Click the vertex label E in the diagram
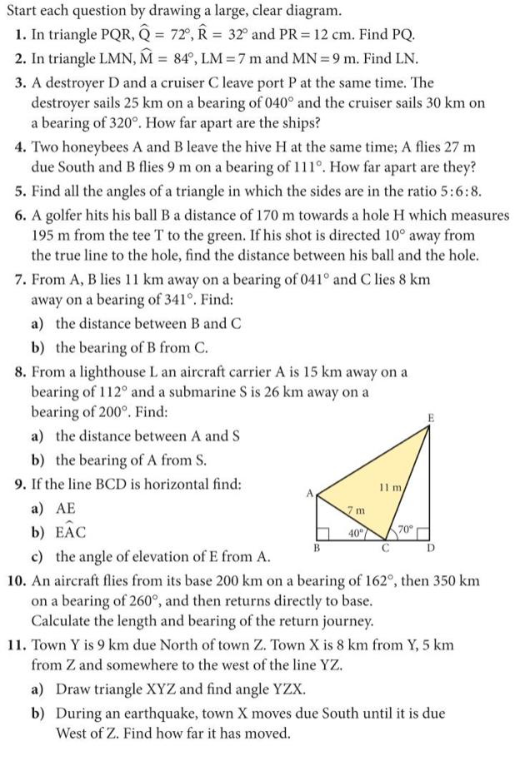click(430, 417)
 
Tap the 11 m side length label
click(391, 486)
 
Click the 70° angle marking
click(406, 530)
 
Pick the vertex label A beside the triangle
click(309, 493)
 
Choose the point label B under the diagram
click(317, 548)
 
